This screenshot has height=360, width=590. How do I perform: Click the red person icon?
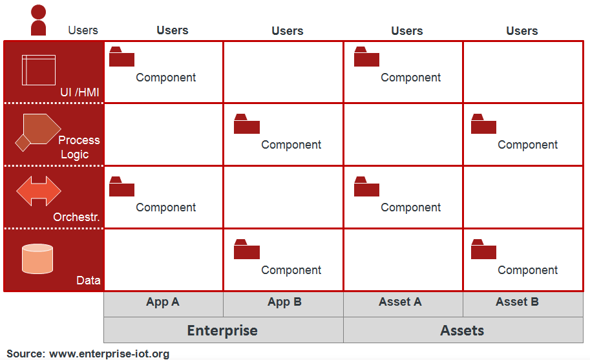coord(38,20)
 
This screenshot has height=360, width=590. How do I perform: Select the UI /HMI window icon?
coord(39,70)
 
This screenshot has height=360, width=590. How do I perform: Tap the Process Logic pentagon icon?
coord(38,132)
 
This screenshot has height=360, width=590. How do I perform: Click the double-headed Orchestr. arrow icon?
coord(39,191)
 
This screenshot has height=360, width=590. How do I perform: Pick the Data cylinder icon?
coord(37,259)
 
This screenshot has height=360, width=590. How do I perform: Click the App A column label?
coord(163,302)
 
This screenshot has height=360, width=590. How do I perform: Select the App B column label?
coord(284,302)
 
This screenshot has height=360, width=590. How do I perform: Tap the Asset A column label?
coord(400,302)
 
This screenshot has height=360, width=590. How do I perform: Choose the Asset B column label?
coord(517,302)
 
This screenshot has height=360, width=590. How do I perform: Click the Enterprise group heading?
coord(222,331)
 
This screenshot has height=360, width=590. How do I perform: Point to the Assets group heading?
coord(462,331)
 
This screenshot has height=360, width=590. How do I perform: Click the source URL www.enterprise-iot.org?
coord(109,354)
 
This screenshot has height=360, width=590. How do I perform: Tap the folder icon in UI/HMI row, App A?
coord(121,56)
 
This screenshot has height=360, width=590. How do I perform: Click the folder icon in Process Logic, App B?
coord(247,123)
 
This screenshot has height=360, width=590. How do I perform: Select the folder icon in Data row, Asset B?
coord(483,249)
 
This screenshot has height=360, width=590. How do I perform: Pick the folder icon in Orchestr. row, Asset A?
coord(366,186)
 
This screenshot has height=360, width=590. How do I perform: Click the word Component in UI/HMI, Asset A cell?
coord(410,78)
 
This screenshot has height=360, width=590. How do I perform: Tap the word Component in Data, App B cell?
coord(291,270)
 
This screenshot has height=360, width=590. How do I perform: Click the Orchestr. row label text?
coord(76,217)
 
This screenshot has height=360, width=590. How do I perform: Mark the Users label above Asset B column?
coord(522,31)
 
